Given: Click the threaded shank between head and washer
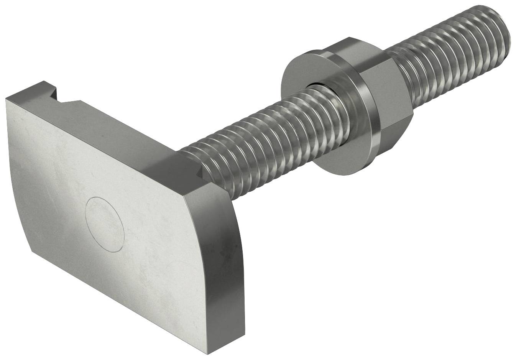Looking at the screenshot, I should (x=245, y=138).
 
